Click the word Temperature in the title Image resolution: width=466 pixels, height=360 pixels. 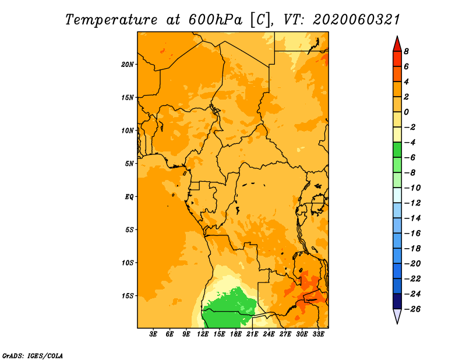tap(111, 20)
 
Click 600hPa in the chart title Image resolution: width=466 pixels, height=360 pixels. tap(215, 20)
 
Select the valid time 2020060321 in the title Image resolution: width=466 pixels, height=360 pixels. tap(356, 20)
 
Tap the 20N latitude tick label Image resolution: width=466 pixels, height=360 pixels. tap(128, 65)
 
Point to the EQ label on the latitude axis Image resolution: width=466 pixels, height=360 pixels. tap(129, 197)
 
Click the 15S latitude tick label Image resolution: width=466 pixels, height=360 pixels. tap(128, 296)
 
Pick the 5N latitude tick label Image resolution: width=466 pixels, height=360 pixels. tap(129, 164)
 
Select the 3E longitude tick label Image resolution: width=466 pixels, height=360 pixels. tap(153, 334)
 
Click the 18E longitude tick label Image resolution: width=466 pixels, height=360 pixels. tap(236, 334)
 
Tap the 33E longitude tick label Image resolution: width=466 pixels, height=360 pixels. tap(318, 334)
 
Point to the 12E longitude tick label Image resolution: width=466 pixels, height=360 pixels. tap(203, 334)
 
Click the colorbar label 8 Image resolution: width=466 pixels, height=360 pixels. tap(406, 51)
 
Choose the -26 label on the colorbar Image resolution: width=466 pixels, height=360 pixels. tap(412, 309)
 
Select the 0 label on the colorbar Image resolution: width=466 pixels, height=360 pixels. tap(406, 112)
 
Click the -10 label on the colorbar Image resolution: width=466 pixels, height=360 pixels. tap(412, 188)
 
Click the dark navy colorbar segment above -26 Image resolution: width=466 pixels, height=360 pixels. tap(397, 301)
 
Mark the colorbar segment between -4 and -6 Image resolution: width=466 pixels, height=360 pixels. tap(397, 150)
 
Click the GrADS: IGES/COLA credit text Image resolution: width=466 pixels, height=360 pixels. tap(33, 356)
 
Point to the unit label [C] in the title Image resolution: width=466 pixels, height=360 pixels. tap(260, 20)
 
